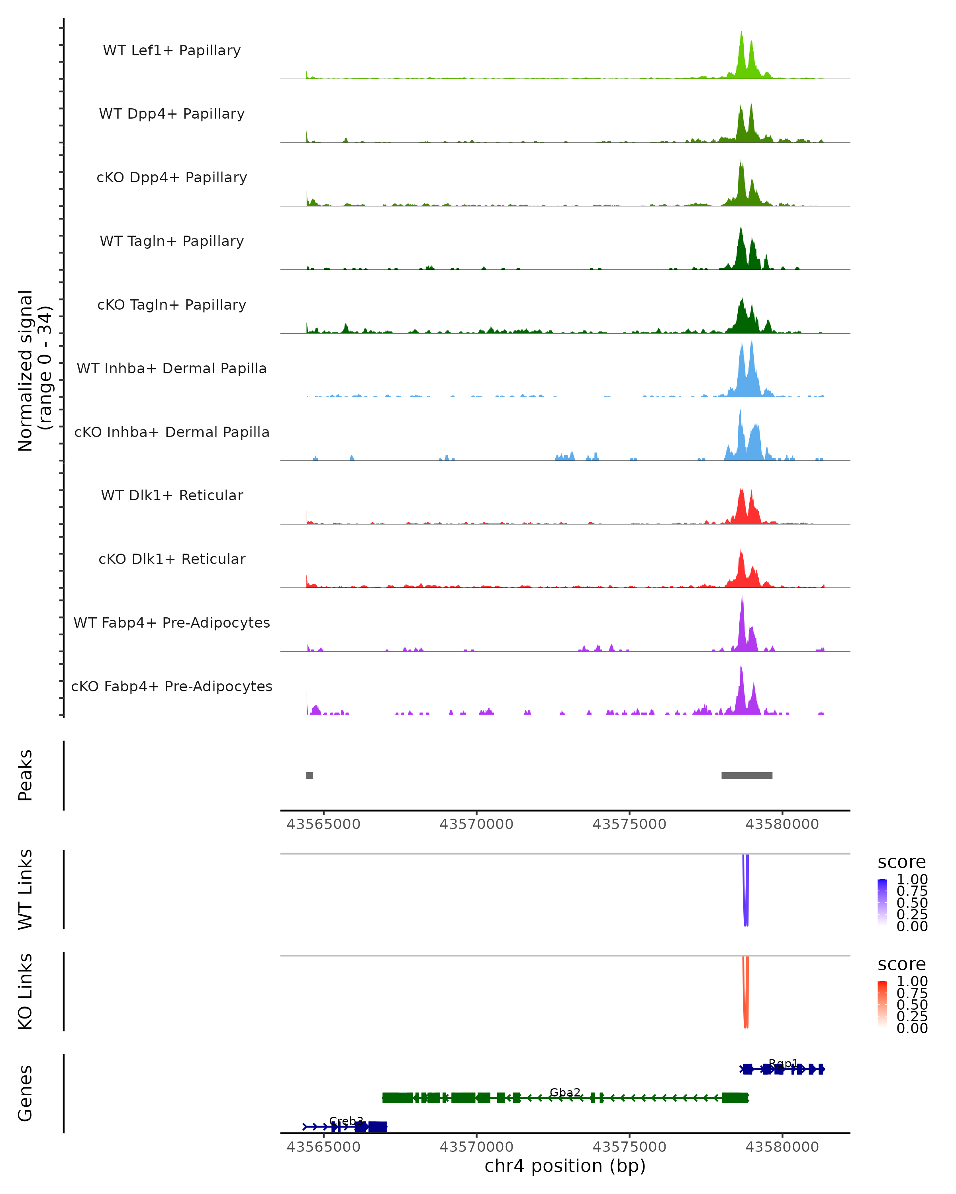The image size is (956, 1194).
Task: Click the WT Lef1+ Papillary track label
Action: pos(172,51)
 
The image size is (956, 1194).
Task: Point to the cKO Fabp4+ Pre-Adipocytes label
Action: pos(172,686)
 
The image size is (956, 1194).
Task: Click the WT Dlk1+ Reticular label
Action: pos(172,495)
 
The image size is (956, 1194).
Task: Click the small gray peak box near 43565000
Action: pos(309,775)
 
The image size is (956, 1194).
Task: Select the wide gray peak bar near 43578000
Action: pos(746,775)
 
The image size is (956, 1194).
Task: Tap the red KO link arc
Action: pos(745,994)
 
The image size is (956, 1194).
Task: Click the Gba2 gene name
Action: pos(565,1093)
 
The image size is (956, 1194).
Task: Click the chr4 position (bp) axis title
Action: pos(565,1166)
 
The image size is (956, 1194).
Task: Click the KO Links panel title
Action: pos(25,991)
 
